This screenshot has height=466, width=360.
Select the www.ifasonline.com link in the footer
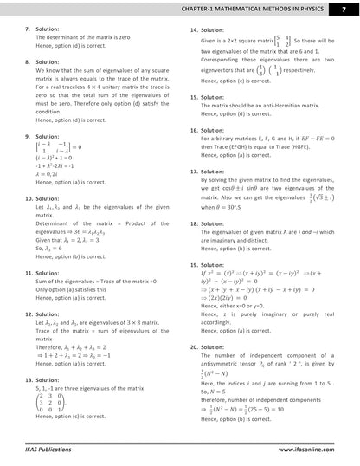[x=314, y=450]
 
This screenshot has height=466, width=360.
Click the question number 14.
[x=194, y=29]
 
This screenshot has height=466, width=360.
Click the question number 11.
[x=29, y=273]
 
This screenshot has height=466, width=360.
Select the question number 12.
[x=29, y=314]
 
